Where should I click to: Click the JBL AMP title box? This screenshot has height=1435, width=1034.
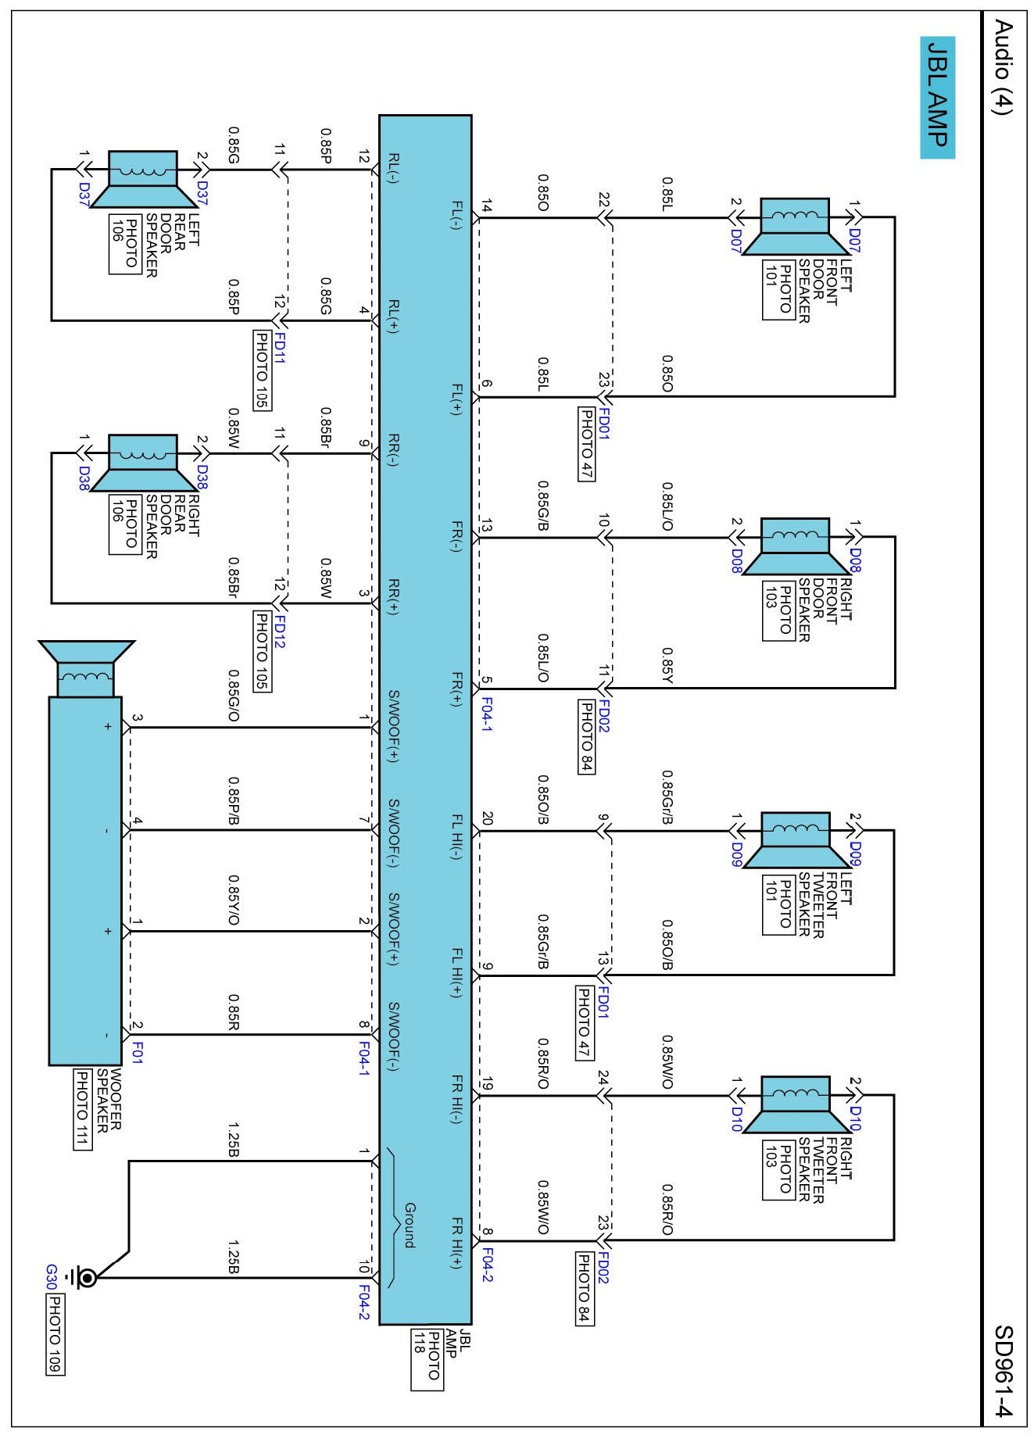tap(936, 97)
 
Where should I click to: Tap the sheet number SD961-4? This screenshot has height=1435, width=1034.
tap(1003, 1371)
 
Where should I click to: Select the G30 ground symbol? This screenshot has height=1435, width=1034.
tap(84, 1278)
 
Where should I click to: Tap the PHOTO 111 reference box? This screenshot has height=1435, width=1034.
tap(81, 1108)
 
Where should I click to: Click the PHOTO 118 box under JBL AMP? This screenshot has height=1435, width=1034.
tap(427, 1361)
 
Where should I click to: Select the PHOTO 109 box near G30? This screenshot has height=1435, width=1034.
tap(55, 1333)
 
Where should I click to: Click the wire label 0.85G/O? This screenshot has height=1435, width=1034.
tap(233, 695)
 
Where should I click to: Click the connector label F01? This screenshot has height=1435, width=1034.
tap(138, 1051)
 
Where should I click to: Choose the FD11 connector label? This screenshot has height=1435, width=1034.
tap(279, 349)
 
